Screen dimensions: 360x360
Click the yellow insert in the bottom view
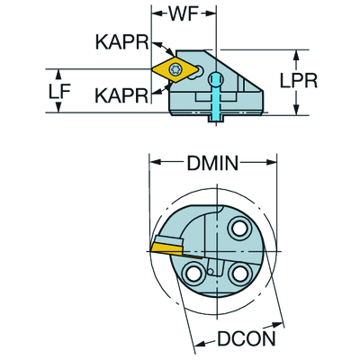tap(167, 243)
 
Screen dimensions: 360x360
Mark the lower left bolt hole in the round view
tap(193, 273)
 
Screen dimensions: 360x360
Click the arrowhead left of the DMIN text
tap(154, 164)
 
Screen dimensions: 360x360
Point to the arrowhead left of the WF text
tap(145, 14)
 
